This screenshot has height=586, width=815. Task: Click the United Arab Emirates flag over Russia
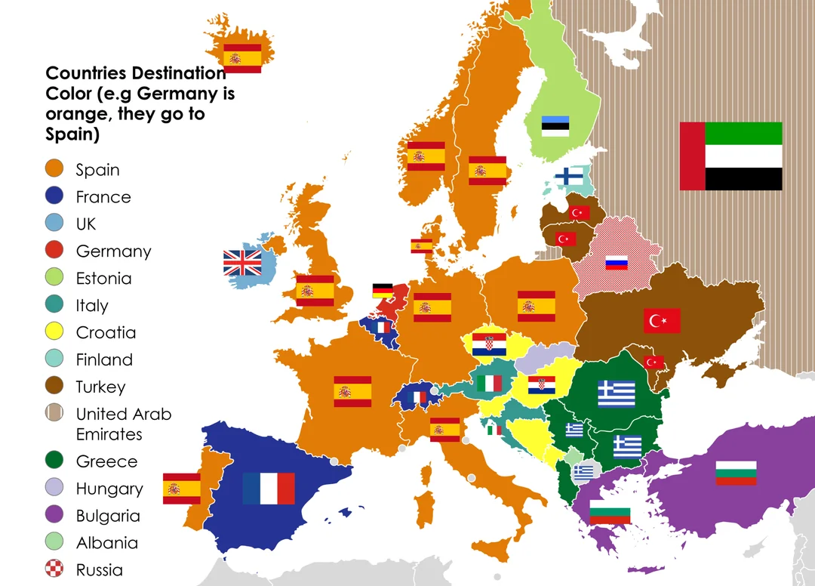click(730, 156)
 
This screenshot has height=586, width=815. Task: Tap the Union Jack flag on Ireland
click(242, 263)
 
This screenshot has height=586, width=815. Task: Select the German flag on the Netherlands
click(383, 291)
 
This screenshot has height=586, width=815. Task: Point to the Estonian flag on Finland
click(555, 125)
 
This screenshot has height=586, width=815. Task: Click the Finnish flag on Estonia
click(568, 176)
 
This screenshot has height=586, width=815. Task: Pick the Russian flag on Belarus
click(617, 263)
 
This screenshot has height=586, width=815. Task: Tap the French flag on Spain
click(269, 489)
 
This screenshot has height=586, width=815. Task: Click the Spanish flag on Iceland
click(242, 58)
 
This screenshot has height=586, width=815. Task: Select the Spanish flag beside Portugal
click(182, 489)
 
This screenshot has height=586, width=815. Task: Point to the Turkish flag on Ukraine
click(662, 321)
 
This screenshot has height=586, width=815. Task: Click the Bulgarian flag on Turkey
click(736, 473)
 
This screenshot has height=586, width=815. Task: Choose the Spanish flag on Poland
click(537, 306)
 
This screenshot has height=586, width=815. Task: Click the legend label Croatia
click(106, 332)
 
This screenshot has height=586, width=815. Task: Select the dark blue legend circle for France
click(54, 196)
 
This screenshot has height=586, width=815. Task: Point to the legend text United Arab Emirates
click(123, 424)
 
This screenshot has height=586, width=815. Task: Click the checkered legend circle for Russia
click(54, 569)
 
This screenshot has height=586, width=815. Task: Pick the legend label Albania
click(106, 542)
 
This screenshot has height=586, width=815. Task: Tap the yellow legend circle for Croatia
click(54, 332)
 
